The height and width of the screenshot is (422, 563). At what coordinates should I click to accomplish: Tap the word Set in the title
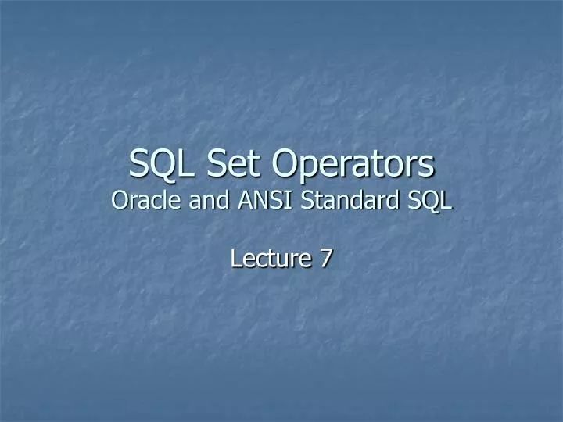click(x=231, y=164)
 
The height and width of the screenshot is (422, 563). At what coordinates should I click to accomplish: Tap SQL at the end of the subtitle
click(x=429, y=201)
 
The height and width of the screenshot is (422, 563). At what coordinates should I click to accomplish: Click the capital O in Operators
click(x=285, y=164)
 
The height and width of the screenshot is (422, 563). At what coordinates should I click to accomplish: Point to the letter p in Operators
click(x=306, y=168)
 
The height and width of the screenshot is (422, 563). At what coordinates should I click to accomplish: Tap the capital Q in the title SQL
click(x=163, y=165)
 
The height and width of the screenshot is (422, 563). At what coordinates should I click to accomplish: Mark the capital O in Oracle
click(x=120, y=201)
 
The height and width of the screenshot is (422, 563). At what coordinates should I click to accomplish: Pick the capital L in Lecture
click(x=236, y=258)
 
